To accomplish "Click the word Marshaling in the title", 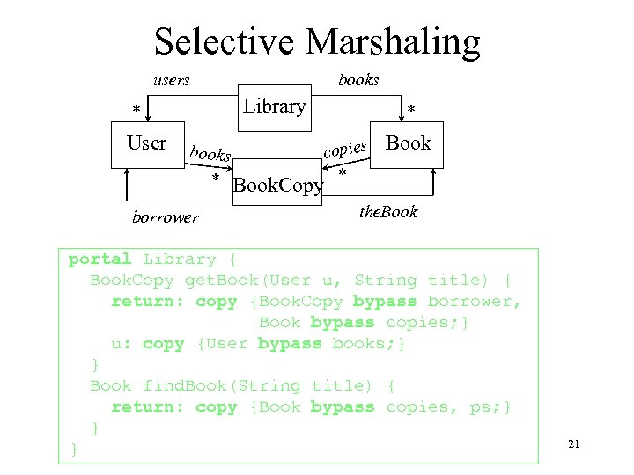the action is point(394,41).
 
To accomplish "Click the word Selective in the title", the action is point(225,41).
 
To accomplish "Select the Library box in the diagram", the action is point(274,106).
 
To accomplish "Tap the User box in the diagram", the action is point(147,143).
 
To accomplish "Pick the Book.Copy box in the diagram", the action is point(277,185).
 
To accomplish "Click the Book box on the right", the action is point(409,143).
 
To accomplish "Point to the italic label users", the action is point(171,80).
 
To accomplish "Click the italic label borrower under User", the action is point(166,216).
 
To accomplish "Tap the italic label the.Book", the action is point(388,212).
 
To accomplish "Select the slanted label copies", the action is point(344,148).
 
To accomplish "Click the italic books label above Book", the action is point(358,80).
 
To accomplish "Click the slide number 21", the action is point(573,444).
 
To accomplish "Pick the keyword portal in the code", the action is point(100,259).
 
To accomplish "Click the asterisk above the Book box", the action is point(410,111).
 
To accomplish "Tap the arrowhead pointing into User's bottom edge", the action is point(129,174).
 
